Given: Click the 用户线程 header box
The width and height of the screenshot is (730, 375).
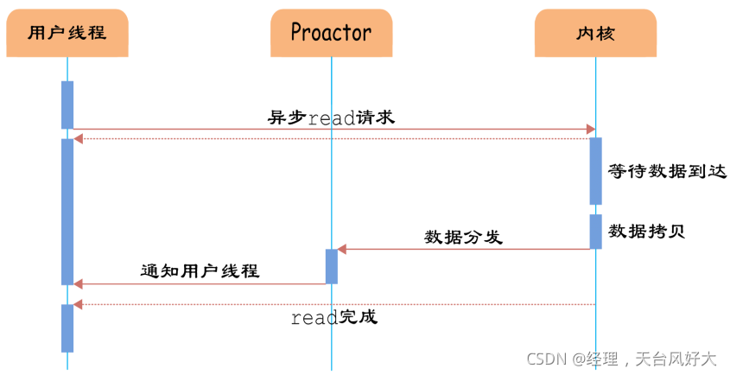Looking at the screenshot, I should (67, 34).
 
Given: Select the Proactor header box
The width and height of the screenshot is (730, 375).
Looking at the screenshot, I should (331, 34).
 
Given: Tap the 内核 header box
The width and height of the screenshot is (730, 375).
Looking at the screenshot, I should (595, 34).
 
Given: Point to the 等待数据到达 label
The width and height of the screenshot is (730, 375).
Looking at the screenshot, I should (667, 170).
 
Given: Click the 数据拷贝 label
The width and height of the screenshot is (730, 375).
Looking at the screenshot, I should (647, 231).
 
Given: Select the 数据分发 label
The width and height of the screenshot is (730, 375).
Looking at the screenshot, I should (463, 237).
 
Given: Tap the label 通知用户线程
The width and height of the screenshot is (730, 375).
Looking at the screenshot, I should (200, 270).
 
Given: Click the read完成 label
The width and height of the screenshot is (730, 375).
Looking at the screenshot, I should (333, 318).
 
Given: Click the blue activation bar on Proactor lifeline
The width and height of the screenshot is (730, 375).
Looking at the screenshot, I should (332, 266).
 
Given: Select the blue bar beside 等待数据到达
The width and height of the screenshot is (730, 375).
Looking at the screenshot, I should (596, 170).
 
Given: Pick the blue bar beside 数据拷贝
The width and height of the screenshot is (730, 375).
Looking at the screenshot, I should (596, 231).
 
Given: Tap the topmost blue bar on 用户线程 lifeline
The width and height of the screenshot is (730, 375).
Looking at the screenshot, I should (67, 105).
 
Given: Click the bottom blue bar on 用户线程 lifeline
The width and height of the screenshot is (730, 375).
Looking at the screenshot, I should (67, 327).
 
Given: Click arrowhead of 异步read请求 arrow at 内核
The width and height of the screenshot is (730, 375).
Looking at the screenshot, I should (592, 130).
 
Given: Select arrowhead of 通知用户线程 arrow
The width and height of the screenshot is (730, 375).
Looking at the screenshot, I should (78, 283).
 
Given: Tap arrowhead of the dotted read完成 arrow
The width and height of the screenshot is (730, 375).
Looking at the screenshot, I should (78, 304).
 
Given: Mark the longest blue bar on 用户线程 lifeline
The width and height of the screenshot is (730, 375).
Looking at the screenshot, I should (67, 212).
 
